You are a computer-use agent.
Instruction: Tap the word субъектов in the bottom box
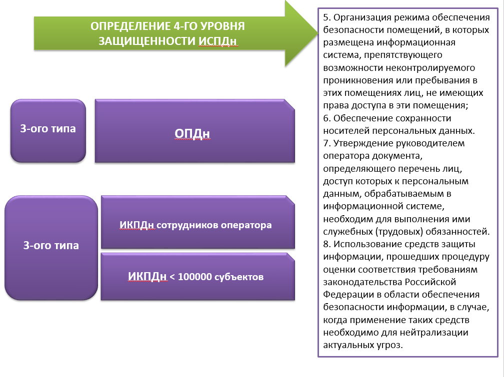coord(239,277)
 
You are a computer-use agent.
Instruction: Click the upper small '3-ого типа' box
coord(48,129)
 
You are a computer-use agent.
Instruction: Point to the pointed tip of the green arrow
coord(316,32)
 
